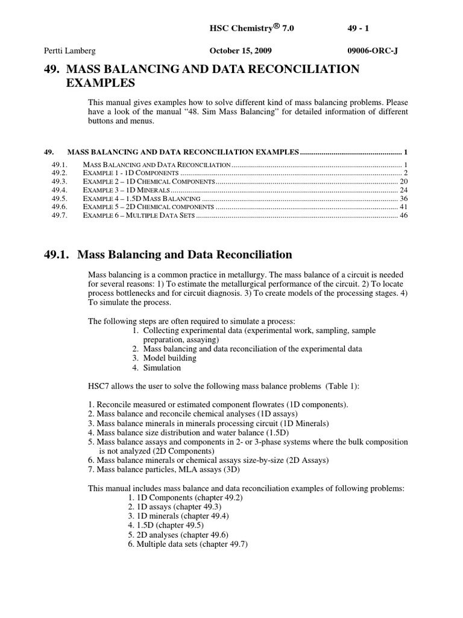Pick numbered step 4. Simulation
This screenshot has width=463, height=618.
[x=156, y=368]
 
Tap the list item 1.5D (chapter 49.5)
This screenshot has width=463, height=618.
[x=171, y=526]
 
